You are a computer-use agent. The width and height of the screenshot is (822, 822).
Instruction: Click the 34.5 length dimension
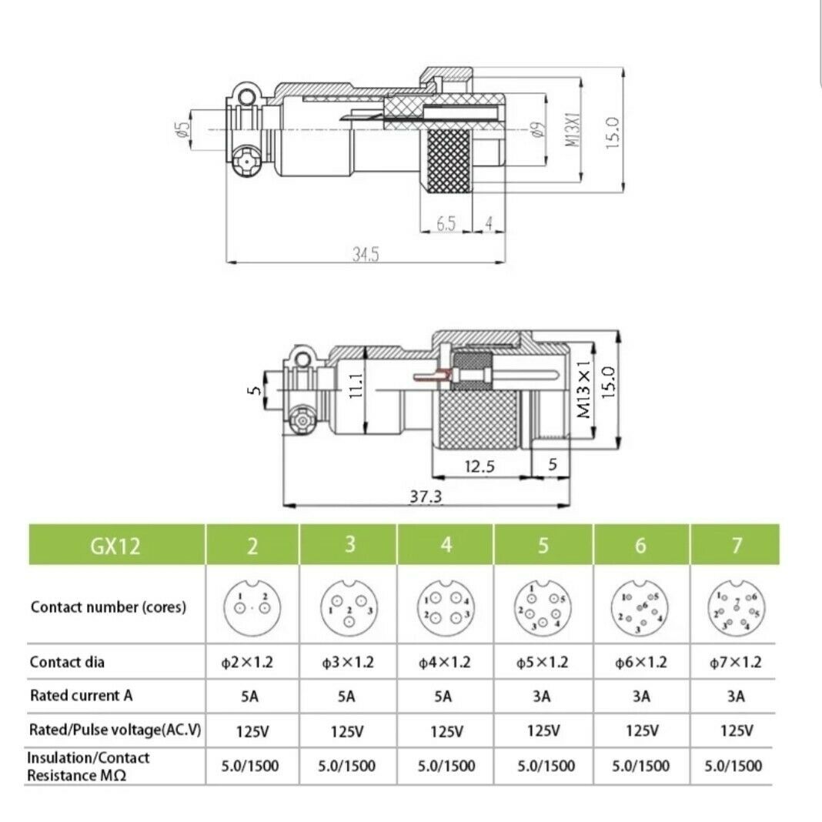[x=366, y=255]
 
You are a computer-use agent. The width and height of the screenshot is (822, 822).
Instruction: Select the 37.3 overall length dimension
[x=425, y=497]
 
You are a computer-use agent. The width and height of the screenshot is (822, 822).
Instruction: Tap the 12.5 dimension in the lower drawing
[x=480, y=466]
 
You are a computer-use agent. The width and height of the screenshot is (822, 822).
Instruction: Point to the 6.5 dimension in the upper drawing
[x=446, y=223]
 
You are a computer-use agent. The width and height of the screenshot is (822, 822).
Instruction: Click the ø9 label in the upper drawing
[x=537, y=129]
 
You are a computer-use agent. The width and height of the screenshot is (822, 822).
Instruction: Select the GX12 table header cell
[x=117, y=546]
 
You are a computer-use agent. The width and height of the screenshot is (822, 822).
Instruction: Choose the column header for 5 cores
[x=543, y=546]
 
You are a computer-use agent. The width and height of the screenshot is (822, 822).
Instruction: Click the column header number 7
[x=737, y=546]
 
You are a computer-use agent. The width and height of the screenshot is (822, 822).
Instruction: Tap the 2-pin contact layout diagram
[x=252, y=606]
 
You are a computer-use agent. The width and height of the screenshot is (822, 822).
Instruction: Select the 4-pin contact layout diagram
[x=446, y=606]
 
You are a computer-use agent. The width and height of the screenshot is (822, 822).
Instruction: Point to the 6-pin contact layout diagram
[x=640, y=606]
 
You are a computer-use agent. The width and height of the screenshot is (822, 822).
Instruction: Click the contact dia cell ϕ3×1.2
[x=347, y=663]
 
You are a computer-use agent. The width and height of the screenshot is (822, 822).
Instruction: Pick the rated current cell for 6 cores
[x=640, y=697]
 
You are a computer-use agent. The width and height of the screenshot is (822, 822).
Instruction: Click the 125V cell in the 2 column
[x=252, y=731]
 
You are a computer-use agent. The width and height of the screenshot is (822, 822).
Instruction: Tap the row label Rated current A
[x=82, y=696]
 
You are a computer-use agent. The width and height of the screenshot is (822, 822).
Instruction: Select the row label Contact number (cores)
[x=109, y=606]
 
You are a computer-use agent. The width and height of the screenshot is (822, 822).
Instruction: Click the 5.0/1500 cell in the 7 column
[x=734, y=766]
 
